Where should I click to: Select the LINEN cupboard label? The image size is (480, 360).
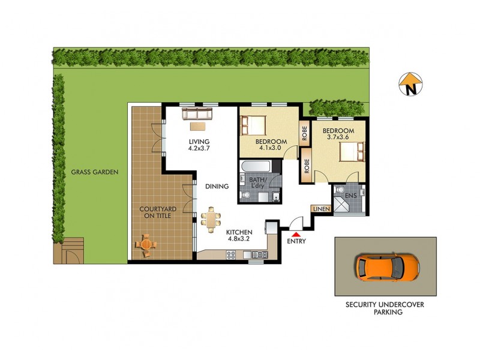point(319,209)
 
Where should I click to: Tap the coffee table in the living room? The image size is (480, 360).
point(197,127)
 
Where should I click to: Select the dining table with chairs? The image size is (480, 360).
point(211,218)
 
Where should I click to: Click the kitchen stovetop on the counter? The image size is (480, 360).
point(230,255)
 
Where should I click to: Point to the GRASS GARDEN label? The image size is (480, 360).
point(95,172)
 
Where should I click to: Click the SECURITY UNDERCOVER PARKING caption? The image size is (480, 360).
point(385,308)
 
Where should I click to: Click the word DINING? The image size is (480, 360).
point(217,187)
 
